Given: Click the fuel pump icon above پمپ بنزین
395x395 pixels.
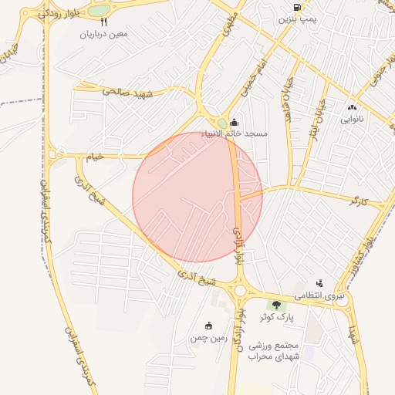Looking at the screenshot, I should tap(297, 8).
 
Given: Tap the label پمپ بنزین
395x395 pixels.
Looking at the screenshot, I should tap(297, 19).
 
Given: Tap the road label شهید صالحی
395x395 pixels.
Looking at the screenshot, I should tap(123, 92).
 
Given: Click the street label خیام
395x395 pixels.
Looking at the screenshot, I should tap(94, 157).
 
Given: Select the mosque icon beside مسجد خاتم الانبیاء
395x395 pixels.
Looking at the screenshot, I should tap(235, 122).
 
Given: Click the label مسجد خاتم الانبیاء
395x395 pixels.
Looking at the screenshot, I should tap(235, 133).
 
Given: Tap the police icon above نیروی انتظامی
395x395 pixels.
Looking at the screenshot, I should tap(319, 284).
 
